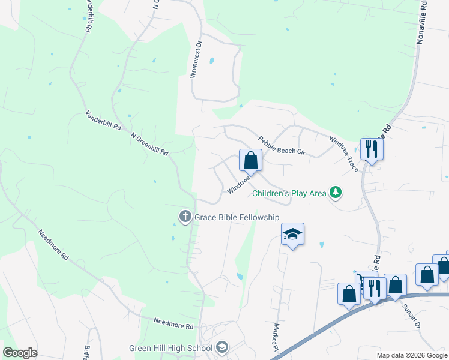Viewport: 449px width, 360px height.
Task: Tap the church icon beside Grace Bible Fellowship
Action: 185,217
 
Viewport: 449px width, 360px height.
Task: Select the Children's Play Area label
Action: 289,193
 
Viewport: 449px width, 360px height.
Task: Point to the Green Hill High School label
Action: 171,348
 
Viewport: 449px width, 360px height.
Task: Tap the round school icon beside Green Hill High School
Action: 222,348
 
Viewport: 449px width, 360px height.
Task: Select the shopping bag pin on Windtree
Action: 250,160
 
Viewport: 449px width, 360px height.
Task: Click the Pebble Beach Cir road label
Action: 282,145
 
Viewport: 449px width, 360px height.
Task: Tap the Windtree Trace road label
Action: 343,153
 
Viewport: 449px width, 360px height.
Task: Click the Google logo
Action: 20,352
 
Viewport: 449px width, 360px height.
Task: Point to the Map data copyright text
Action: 411,355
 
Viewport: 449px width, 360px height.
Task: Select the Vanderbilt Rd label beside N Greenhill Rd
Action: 103,120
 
